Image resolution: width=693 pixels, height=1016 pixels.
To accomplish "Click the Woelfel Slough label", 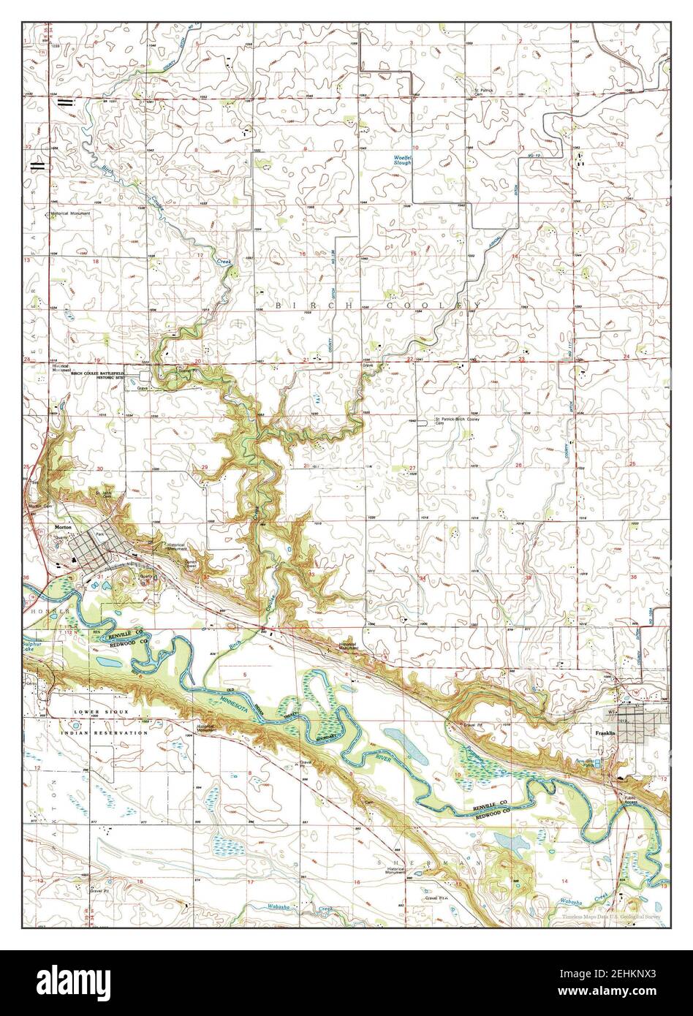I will point(401,160).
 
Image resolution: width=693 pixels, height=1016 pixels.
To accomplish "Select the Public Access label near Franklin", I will point(629,802).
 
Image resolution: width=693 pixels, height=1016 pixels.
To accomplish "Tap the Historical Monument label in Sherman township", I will point(395,871).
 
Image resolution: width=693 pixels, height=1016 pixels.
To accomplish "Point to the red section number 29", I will point(205,467).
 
